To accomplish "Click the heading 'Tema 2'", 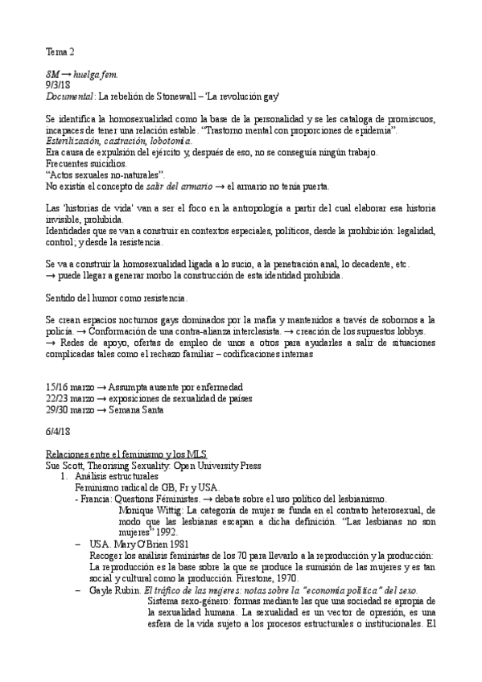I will [60, 52].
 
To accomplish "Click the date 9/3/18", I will [58, 85].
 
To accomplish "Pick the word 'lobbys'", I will [408, 331].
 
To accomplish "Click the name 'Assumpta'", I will [132, 387].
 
